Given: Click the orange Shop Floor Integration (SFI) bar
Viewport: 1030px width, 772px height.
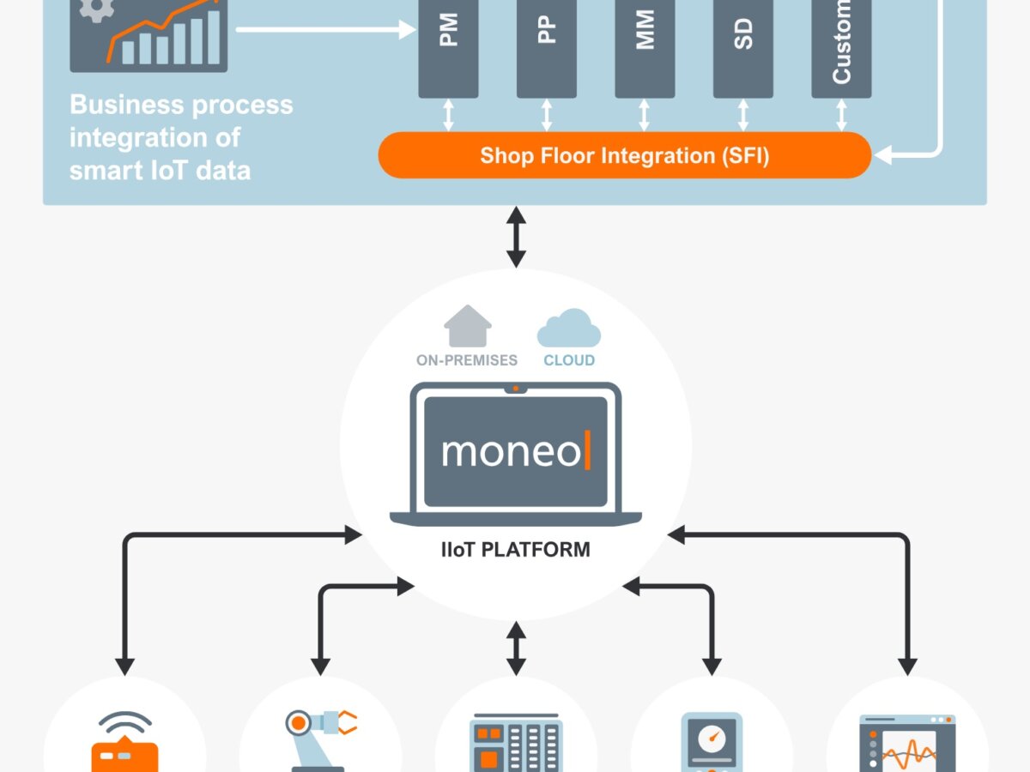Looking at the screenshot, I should tap(625, 155).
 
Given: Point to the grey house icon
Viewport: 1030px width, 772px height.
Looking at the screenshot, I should tap(468, 327).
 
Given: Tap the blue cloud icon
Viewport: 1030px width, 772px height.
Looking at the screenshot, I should tap(568, 329).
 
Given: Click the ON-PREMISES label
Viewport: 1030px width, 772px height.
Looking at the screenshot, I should tap(467, 360).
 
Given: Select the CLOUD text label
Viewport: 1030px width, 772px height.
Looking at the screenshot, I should tap(569, 360).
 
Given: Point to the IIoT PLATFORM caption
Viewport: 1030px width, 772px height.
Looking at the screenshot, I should tap(516, 549).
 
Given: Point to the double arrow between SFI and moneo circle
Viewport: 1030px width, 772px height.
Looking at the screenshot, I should tap(516, 236).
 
